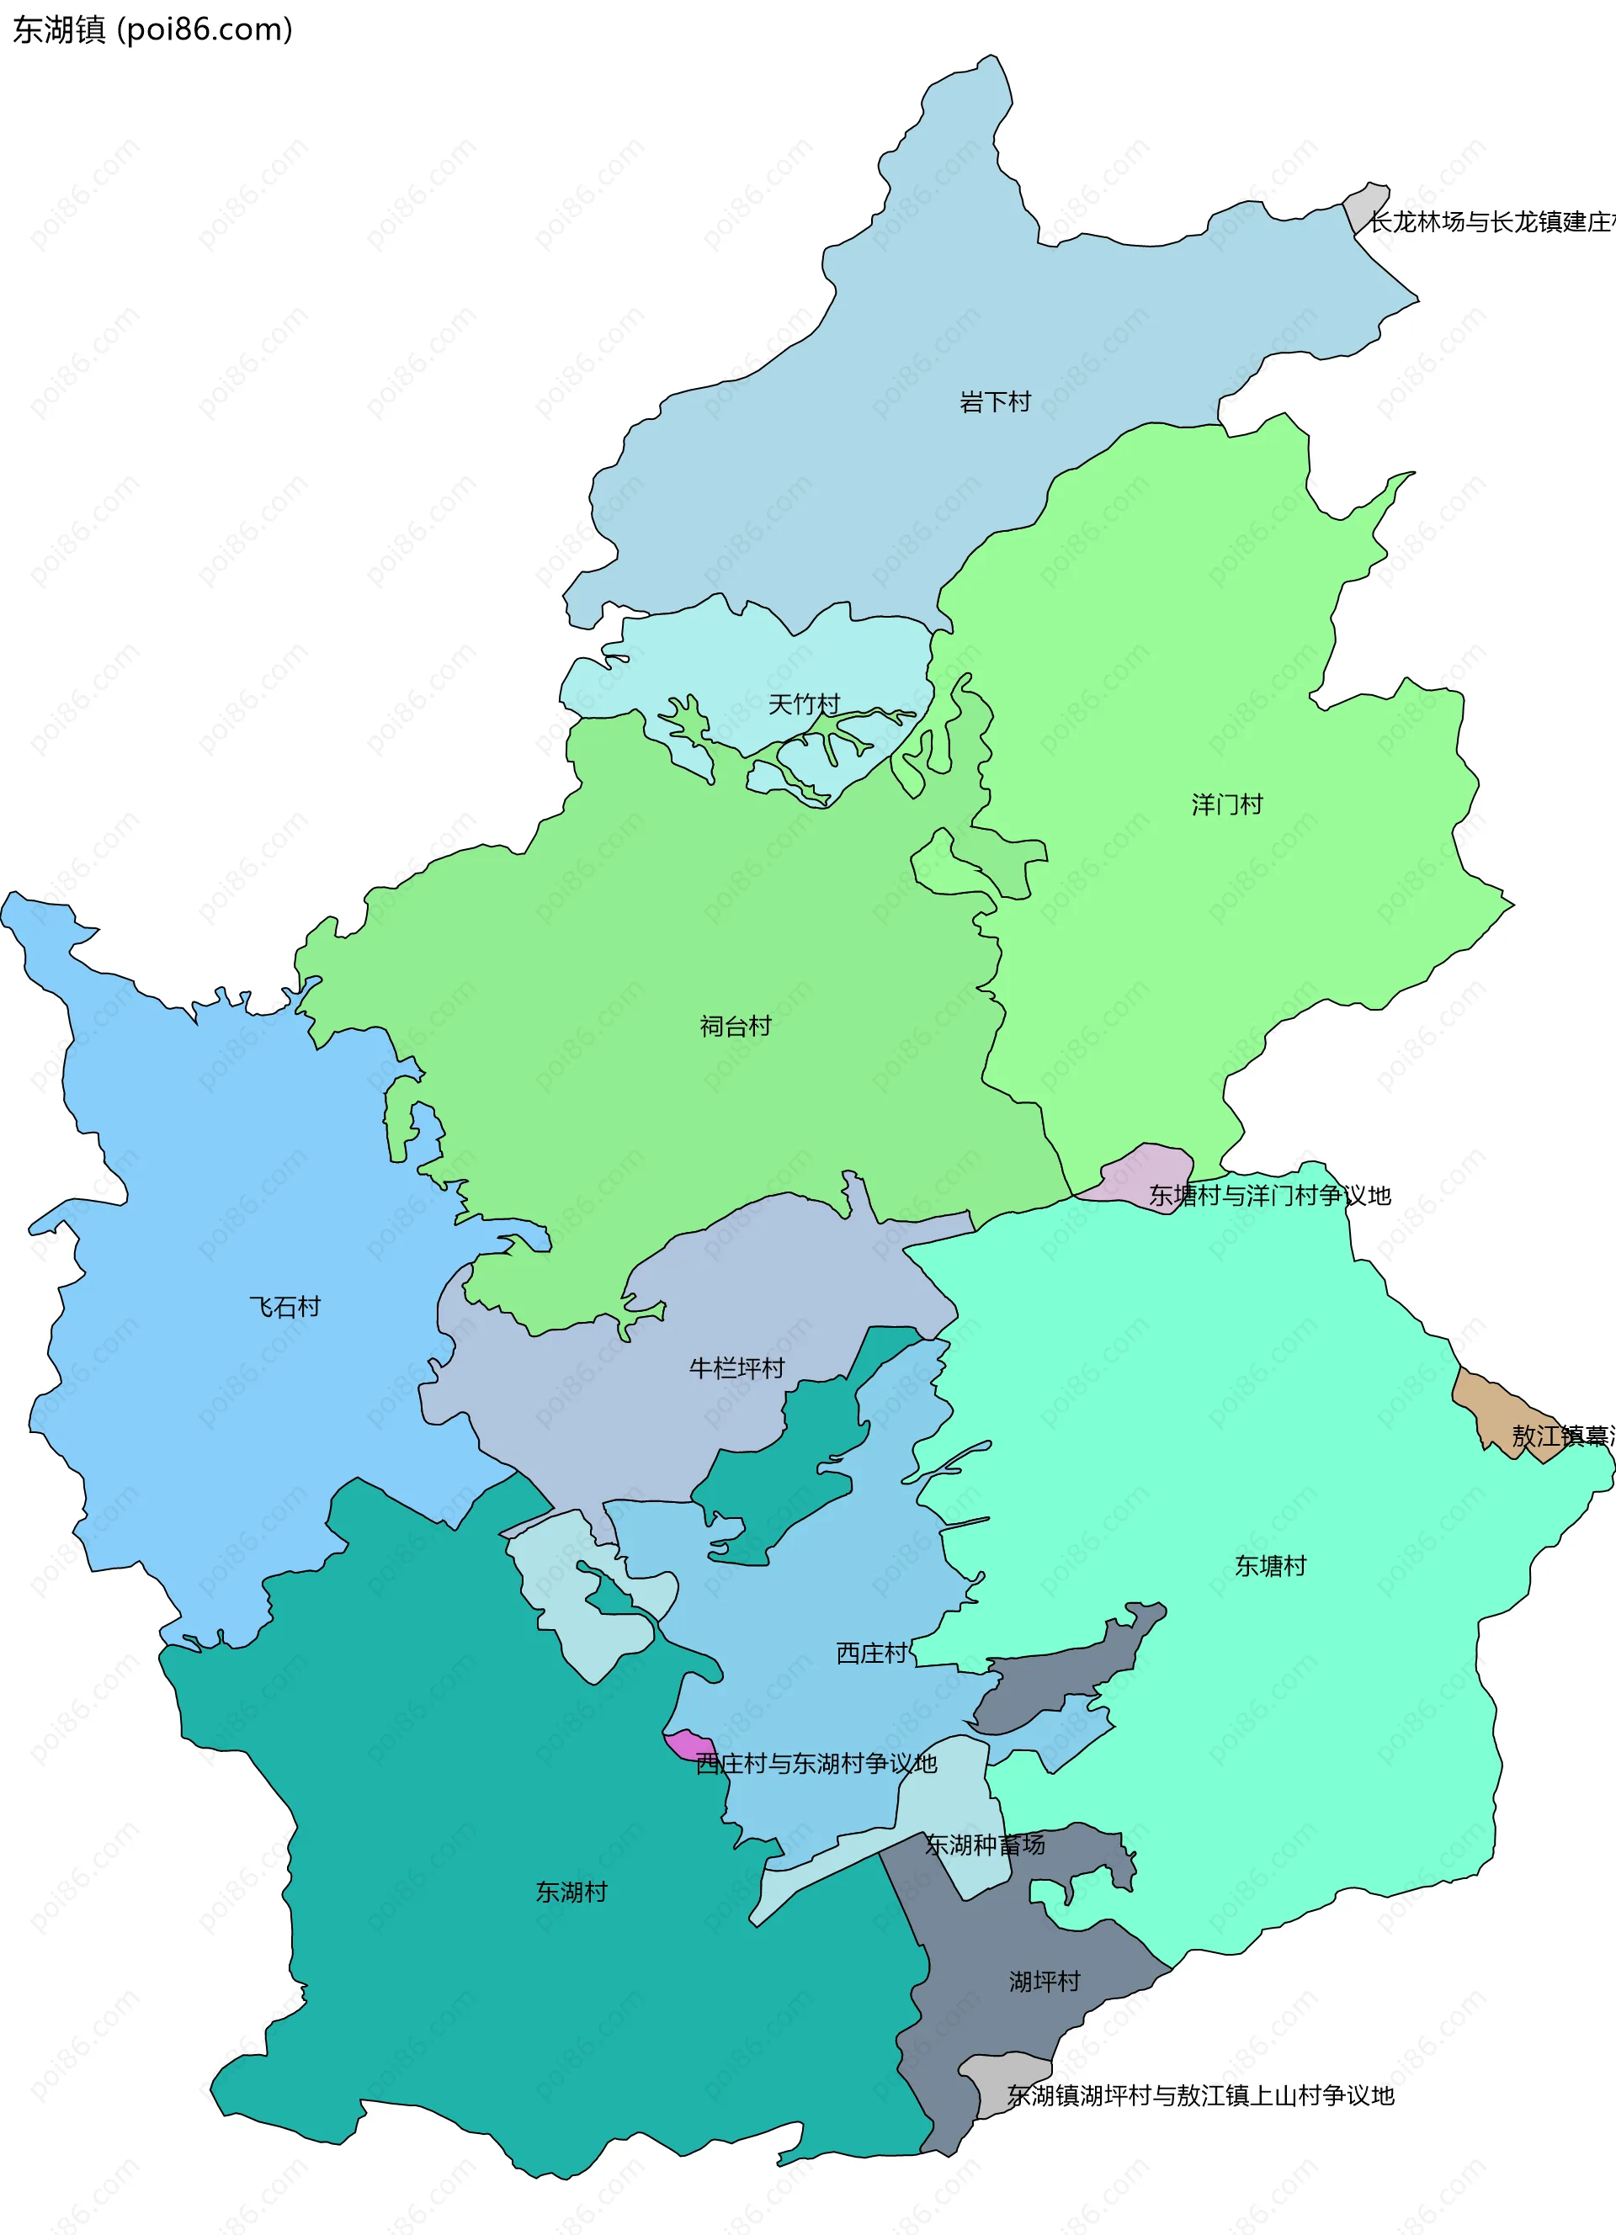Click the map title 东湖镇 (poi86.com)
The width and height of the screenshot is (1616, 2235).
click(152, 29)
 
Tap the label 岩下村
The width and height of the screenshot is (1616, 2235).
click(994, 401)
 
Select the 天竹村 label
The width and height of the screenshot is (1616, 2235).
click(803, 703)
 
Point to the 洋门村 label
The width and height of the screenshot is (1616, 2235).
click(1227, 804)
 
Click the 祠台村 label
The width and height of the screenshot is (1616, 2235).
click(735, 1026)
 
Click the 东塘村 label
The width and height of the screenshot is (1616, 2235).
click(1270, 1566)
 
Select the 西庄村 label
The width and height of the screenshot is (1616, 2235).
click(871, 1653)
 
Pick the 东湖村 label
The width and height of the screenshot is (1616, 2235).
click(571, 1892)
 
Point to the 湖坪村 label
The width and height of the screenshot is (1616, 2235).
click(1045, 1982)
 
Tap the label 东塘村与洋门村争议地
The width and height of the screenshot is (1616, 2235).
click(1269, 1196)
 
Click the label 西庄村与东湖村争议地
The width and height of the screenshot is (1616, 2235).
click(816, 1763)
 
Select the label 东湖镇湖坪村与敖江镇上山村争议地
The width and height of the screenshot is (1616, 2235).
click(1200, 2096)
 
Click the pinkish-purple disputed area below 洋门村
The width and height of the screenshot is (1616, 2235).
click(1143, 1173)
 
